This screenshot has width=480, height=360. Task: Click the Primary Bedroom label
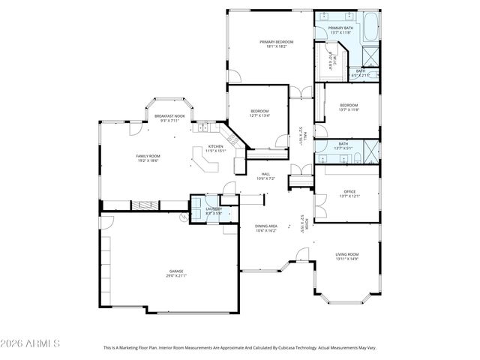point(276,41)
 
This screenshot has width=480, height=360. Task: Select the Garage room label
point(176,271)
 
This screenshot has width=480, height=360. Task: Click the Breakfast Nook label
point(169,116)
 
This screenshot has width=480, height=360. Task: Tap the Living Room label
point(346,254)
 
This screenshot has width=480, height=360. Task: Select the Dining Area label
point(266,226)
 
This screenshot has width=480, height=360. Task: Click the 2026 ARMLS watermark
point(31,343)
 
